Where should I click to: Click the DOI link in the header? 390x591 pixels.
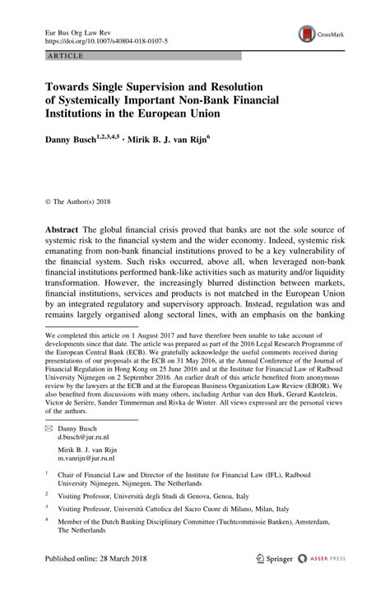point(100,39)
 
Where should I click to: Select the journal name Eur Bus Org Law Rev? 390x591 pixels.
point(76,29)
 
